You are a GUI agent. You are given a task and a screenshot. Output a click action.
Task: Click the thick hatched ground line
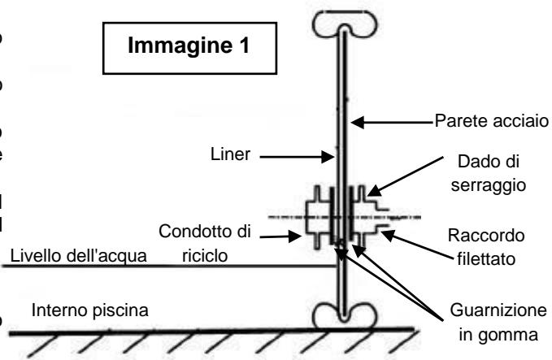point(203,330)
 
